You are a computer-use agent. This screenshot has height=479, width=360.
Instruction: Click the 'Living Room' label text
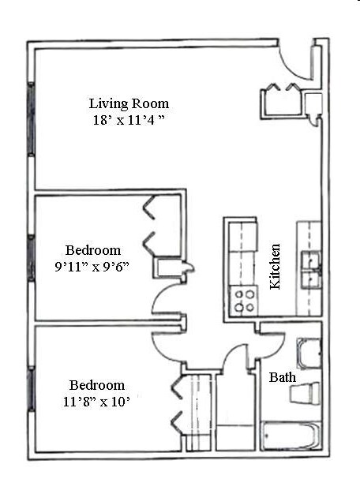point(129,103)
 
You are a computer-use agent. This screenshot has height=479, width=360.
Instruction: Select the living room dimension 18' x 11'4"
point(129,121)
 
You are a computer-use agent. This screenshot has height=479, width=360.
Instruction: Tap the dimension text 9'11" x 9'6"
point(92,267)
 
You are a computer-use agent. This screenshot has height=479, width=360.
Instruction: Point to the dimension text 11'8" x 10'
point(97,402)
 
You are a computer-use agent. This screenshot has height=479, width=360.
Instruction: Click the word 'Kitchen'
point(276,266)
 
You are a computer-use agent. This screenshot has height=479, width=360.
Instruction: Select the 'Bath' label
point(282,378)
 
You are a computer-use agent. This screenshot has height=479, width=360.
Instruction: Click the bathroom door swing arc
point(270,341)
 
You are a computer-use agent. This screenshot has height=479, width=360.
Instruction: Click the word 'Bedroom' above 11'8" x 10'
point(97,385)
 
